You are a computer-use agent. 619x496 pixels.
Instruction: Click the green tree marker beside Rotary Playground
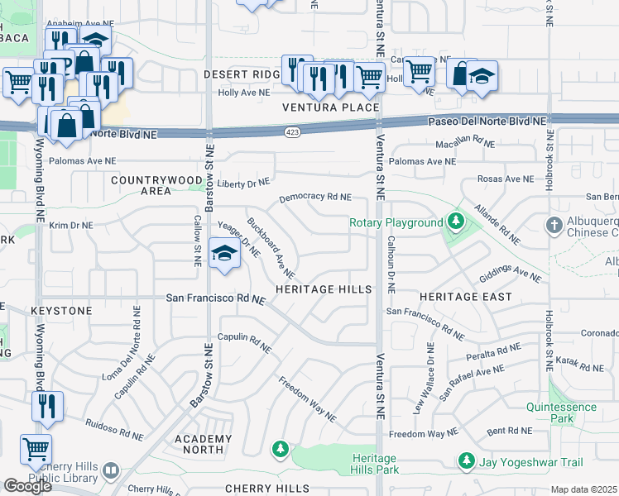[x=455, y=222]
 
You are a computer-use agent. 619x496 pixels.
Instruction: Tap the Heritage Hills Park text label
[x=374, y=464]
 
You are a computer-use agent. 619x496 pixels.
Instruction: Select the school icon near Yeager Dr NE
[x=223, y=254]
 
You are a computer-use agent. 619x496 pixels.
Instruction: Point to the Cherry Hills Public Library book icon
[x=111, y=472]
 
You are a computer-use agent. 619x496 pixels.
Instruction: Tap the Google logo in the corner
[x=27, y=486]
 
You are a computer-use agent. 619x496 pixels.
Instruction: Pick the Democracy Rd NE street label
[x=315, y=198]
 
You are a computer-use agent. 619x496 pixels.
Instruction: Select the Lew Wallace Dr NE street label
[x=422, y=379]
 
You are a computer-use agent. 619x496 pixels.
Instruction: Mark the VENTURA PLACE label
[x=330, y=107]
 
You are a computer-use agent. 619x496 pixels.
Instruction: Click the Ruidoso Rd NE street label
[x=119, y=427]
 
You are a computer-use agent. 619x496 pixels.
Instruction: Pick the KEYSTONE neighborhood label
[x=61, y=310]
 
